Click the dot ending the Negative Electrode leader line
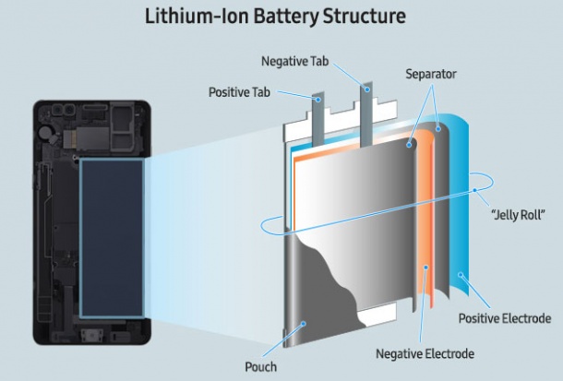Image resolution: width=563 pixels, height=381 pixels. pyautogui.click(x=425, y=267)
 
